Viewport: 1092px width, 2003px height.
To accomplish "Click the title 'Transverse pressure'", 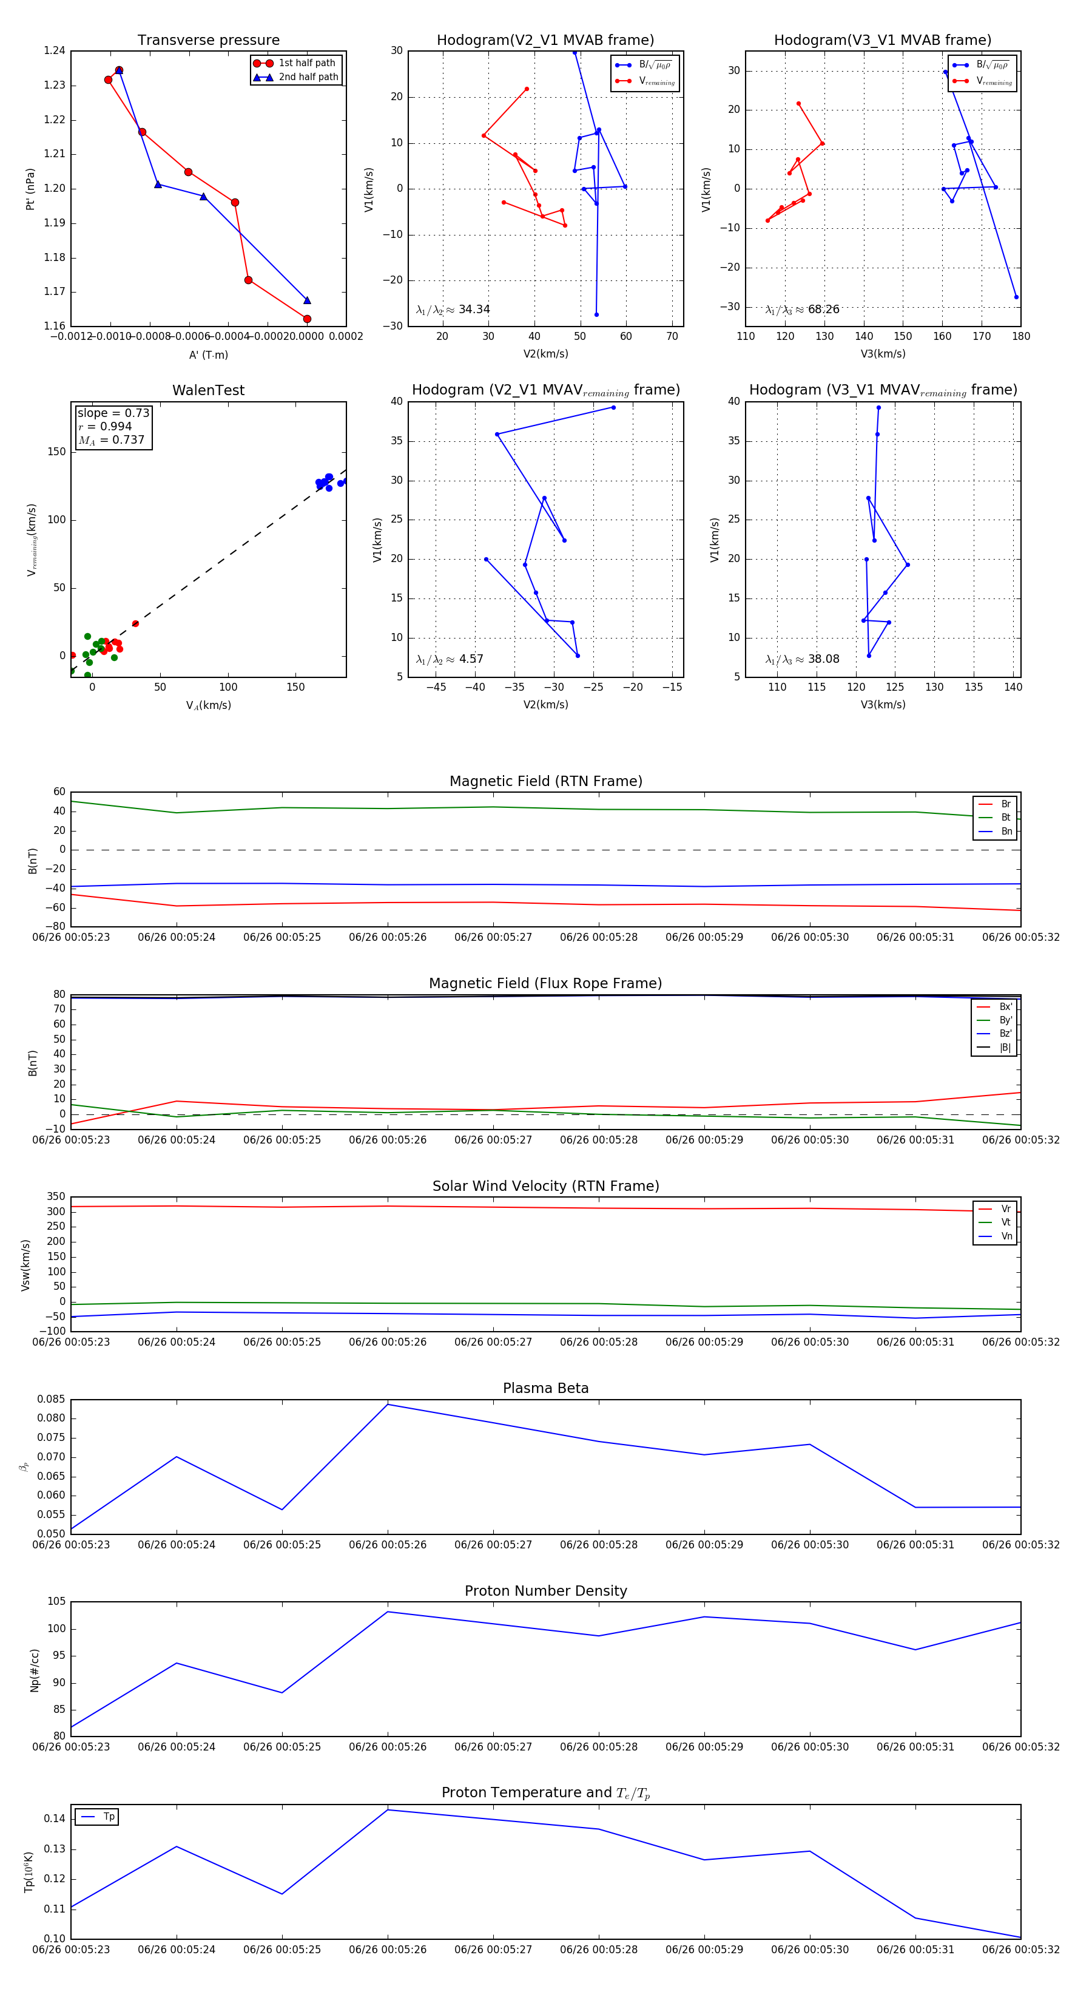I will click(x=208, y=41).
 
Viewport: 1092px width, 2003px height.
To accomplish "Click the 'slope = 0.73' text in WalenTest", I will click(x=113, y=413).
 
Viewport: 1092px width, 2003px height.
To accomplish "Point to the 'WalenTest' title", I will click(x=208, y=390).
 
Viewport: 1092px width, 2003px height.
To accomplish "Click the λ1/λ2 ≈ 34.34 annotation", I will click(x=453, y=310).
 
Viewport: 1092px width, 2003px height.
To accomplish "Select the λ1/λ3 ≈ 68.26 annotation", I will click(x=802, y=310).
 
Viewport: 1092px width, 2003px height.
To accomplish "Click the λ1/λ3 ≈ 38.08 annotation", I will click(x=802, y=659).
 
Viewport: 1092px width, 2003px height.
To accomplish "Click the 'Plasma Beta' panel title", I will click(x=545, y=1389).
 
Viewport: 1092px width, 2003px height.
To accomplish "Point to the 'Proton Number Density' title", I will click(x=545, y=1591).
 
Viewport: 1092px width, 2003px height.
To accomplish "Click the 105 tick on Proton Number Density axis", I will click(x=56, y=1602).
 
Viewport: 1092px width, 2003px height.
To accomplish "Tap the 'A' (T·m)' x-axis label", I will click(x=208, y=355).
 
